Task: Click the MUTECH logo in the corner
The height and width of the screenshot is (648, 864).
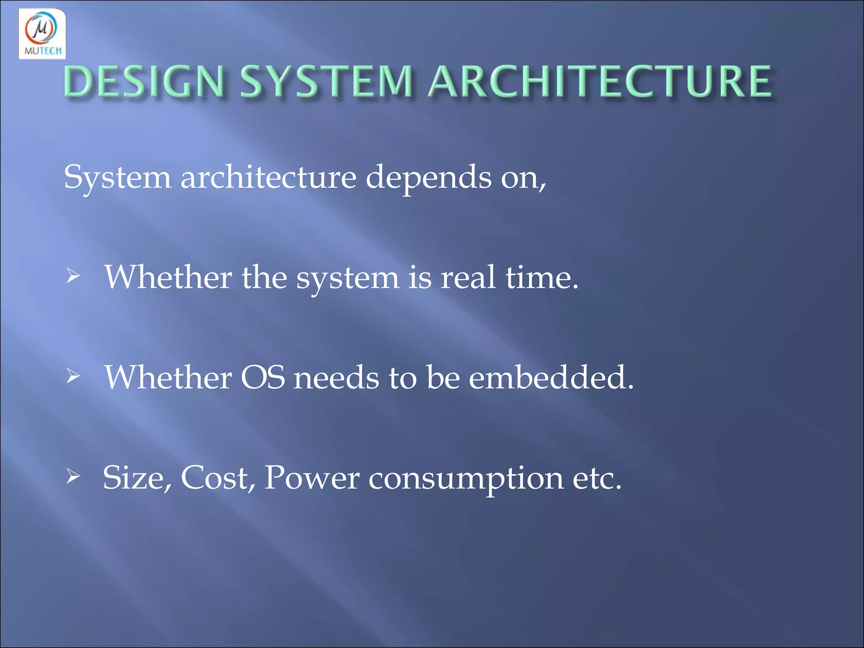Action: tap(42, 34)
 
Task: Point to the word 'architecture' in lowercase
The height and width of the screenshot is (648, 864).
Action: tap(268, 177)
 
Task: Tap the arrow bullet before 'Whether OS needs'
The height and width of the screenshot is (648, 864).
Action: tap(73, 376)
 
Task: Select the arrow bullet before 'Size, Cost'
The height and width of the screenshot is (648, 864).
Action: tap(73, 477)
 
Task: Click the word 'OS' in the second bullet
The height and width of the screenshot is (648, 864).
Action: tap(262, 377)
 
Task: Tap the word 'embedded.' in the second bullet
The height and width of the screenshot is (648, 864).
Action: tap(551, 377)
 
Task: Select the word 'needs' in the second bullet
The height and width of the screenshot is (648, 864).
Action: tap(336, 377)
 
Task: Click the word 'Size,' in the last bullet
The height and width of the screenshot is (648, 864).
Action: tap(137, 478)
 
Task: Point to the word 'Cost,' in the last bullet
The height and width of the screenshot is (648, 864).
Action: tap(218, 478)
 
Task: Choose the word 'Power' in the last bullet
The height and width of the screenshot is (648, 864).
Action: tap(311, 478)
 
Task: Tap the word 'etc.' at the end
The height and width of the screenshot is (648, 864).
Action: tap(597, 478)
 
